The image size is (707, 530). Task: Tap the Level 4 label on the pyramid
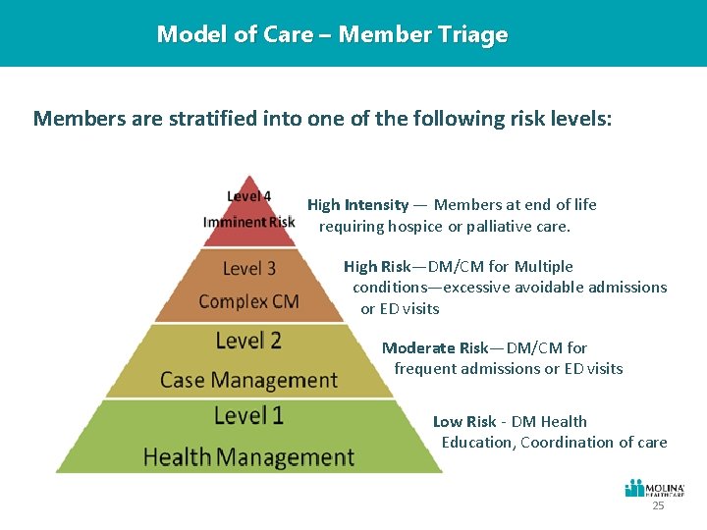click(249, 196)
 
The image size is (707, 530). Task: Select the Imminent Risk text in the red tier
click(248, 222)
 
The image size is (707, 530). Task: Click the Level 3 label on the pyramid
click(249, 268)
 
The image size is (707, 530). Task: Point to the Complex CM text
click(248, 300)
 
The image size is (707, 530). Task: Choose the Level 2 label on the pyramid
click(248, 342)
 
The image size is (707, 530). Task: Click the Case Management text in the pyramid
click(248, 379)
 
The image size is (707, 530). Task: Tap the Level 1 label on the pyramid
click(248, 415)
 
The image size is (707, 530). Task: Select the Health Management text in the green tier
click(248, 456)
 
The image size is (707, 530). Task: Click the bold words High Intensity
click(357, 205)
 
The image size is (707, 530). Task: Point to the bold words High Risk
click(376, 266)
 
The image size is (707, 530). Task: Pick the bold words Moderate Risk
click(432, 347)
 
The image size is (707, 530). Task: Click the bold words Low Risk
click(464, 421)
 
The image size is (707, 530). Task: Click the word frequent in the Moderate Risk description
click(424, 368)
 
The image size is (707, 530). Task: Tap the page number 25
click(658, 506)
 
